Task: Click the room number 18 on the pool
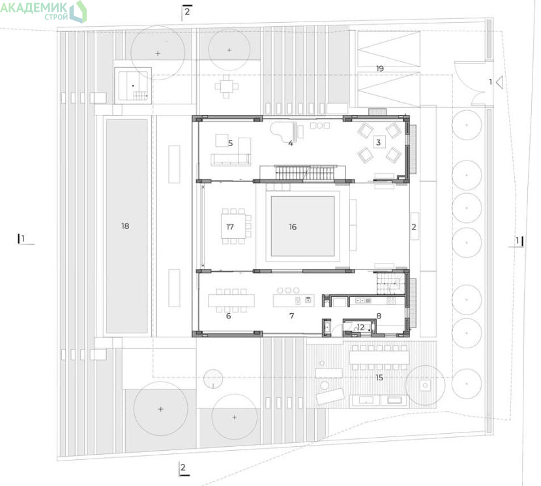(x=125, y=226)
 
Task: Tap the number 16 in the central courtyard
(x=293, y=226)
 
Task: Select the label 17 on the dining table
(x=230, y=226)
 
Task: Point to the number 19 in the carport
(x=380, y=68)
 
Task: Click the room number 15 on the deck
(x=379, y=378)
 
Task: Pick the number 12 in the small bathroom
(x=360, y=327)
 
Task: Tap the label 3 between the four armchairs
(x=379, y=142)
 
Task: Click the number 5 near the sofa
(x=230, y=143)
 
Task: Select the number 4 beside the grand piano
(x=291, y=143)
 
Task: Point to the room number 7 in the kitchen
(x=292, y=316)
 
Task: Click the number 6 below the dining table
(x=228, y=316)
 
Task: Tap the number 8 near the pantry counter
(x=379, y=316)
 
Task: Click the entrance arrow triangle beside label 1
(x=499, y=83)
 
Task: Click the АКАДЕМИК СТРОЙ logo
(x=43, y=11)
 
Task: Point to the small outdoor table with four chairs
(x=226, y=86)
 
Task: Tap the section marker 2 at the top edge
(x=186, y=11)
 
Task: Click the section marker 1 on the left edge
(x=23, y=239)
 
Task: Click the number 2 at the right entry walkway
(x=414, y=226)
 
